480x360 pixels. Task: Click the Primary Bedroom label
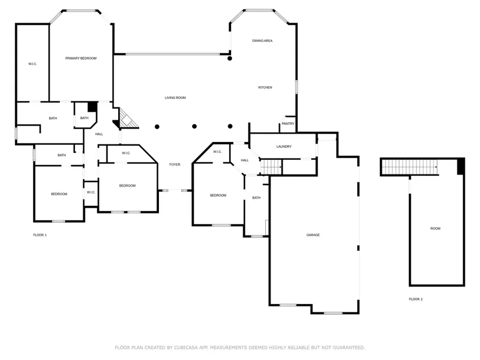(x=81, y=58)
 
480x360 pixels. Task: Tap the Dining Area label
(x=262, y=41)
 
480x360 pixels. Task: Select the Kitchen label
(x=265, y=88)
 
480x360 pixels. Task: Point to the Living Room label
(x=175, y=98)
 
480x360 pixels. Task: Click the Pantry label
(x=288, y=124)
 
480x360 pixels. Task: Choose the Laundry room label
(x=284, y=147)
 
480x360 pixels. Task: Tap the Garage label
(x=313, y=235)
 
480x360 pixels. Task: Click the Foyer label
(x=175, y=165)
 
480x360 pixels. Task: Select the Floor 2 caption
(x=416, y=300)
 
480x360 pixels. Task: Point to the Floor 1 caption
(x=40, y=235)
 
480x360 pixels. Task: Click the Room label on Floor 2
(x=435, y=229)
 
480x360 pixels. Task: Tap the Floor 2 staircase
(x=409, y=167)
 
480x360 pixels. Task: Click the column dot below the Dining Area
(x=230, y=59)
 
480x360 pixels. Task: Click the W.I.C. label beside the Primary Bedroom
(x=33, y=64)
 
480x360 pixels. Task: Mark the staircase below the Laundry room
(x=271, y=167)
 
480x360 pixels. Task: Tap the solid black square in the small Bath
(x=93, y=107)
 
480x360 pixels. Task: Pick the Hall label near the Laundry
(x=244, y=161)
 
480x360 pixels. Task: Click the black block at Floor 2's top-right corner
(x=461, y=166)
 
